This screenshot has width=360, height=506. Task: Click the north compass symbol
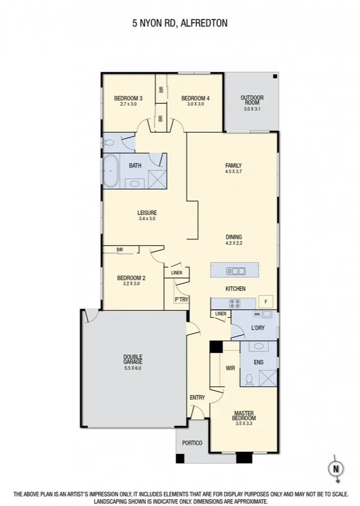336,468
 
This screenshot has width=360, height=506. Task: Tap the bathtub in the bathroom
110,171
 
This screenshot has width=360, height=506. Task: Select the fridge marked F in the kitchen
265,302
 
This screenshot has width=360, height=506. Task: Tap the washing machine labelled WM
257,314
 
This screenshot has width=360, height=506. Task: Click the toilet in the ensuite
249,379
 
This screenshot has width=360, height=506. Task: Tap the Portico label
192,443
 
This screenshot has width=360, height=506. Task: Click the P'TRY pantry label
182,300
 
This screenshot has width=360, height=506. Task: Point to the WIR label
230,368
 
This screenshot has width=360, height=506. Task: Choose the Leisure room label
147,212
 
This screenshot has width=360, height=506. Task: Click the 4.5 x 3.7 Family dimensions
233,172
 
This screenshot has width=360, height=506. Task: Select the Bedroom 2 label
131,278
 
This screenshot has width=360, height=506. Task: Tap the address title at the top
180,23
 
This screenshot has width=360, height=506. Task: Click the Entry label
197,397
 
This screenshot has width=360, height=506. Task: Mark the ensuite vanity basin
259,346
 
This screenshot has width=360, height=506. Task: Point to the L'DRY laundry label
258,328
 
